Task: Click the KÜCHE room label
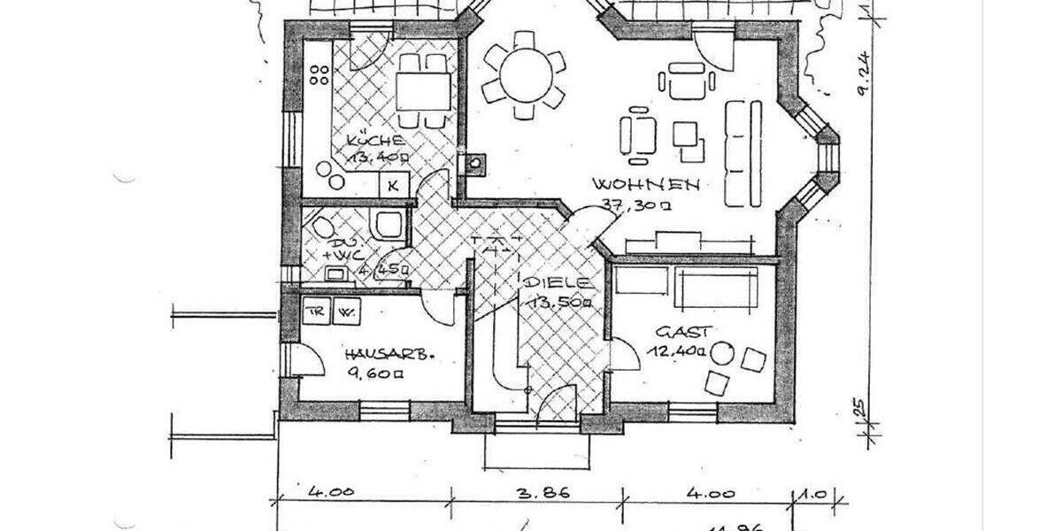[x=376, y=141]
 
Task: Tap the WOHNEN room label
[x=647, y=186]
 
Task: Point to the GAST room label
[x=682, y=333]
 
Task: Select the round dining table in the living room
[x=522, y=74]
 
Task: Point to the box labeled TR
[x=314, y=312]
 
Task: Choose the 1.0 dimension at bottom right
[x=812, y=492]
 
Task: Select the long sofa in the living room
[x=743, y=152]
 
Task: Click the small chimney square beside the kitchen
[x=476, y=164]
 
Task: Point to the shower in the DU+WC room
[x=389, y=226]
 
